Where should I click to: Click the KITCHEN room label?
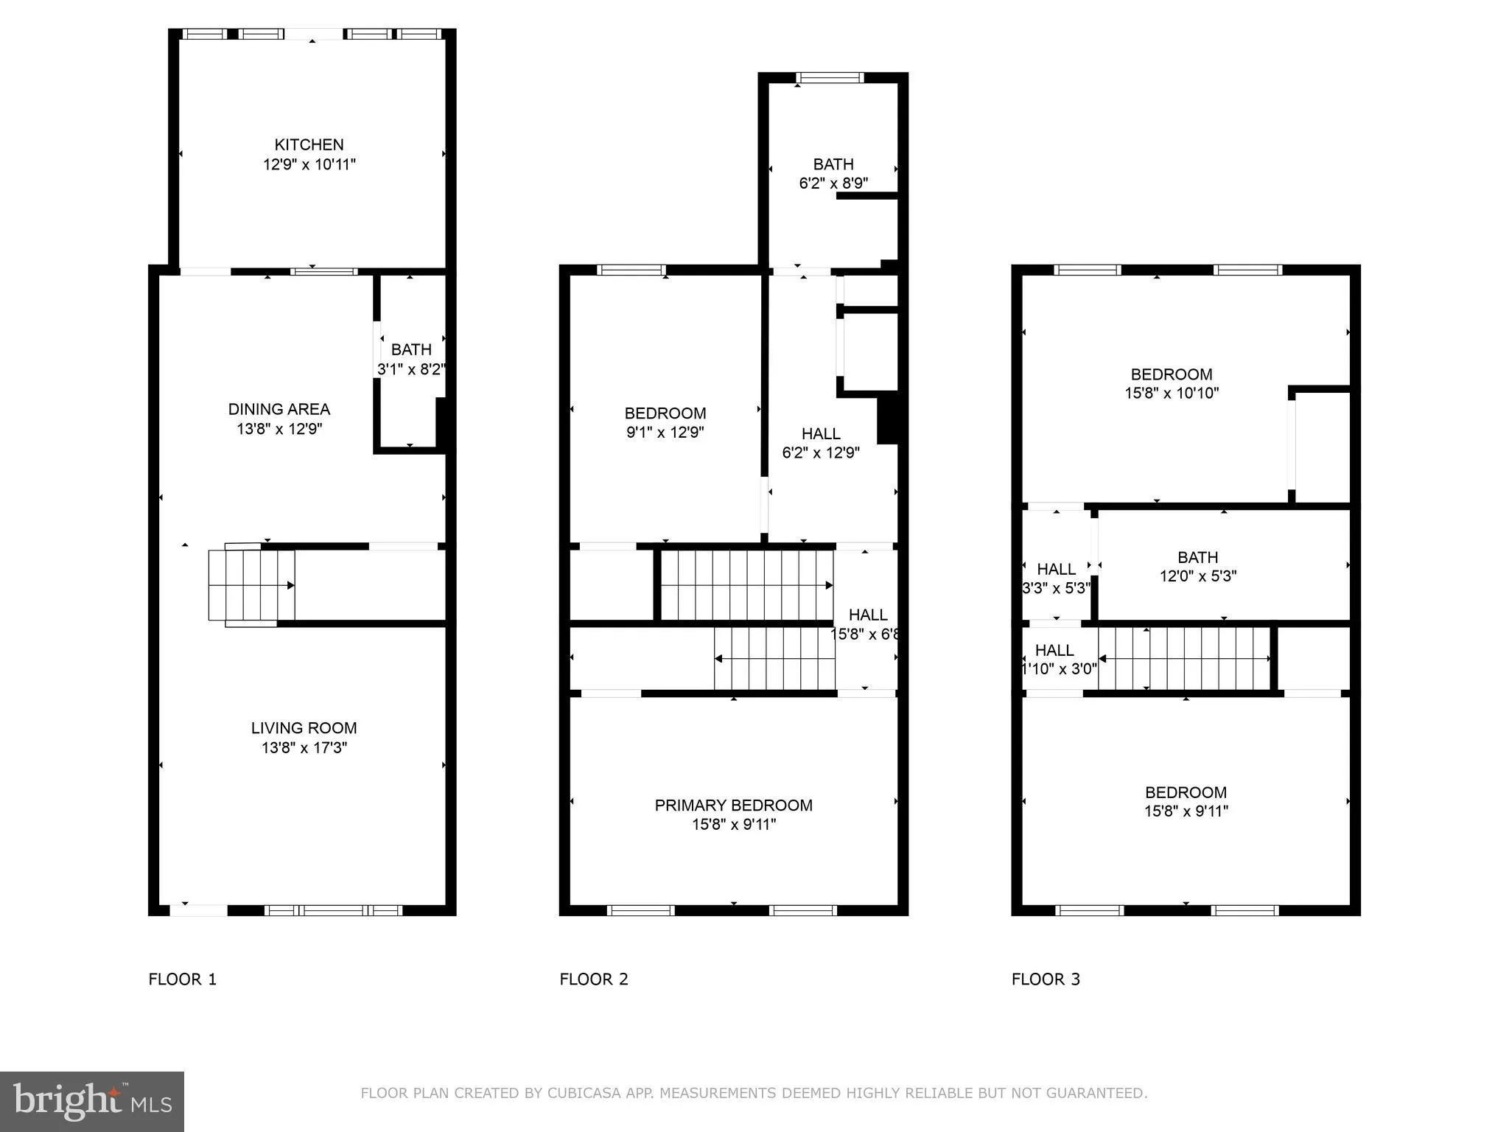click(x=309, y=144)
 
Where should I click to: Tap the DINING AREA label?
click(x=279, y=409)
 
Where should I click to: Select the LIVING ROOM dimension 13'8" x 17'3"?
click(x=304, y=747)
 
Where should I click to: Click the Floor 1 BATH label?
click(x=411, y=349)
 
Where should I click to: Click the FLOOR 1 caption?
click(x=182, y=979)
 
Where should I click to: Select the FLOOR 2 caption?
click(x=593, y=979)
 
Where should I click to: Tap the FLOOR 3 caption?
click(x=1045, y=979)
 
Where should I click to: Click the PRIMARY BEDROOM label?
click(x=733, y=805)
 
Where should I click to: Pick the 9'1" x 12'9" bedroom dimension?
click(x=665, y=433)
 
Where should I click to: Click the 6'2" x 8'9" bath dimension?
click(x=833, y=184)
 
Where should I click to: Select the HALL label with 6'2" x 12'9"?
click(x=821, y=433)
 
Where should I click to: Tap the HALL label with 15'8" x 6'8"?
click(x=867, y=615)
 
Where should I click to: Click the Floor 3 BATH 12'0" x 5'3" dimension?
click(x=1197, y=576)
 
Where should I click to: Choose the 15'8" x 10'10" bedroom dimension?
click(x=1171, y=394)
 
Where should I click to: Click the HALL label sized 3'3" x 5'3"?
click(x=1056, y=569)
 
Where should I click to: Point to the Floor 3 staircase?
click(x=1184, y=658)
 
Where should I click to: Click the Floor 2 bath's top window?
click(x=830, y=77)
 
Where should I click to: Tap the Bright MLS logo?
click(x=92, y=1101)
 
